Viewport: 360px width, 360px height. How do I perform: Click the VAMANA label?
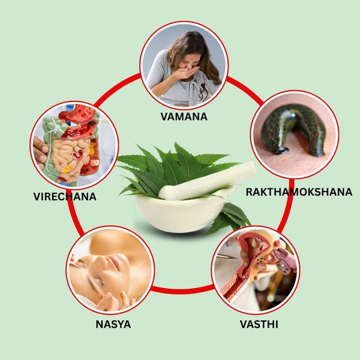tap(184, 116)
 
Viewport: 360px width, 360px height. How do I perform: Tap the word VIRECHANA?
tap(65, 197)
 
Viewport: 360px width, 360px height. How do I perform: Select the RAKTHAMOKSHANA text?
tap(299, 192)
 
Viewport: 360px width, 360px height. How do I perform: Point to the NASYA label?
tap(113, 324)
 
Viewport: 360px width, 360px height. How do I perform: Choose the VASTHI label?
tap(259, 324)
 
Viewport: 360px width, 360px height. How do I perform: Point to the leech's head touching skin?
tap(282, 151)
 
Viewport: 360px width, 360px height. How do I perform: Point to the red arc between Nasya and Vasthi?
tap(182, 290)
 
